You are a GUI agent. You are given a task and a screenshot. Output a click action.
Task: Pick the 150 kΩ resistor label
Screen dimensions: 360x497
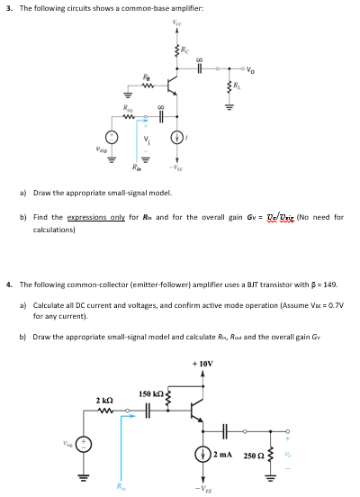149,393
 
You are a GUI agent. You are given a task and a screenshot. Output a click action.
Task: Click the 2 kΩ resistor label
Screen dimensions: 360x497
104,399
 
